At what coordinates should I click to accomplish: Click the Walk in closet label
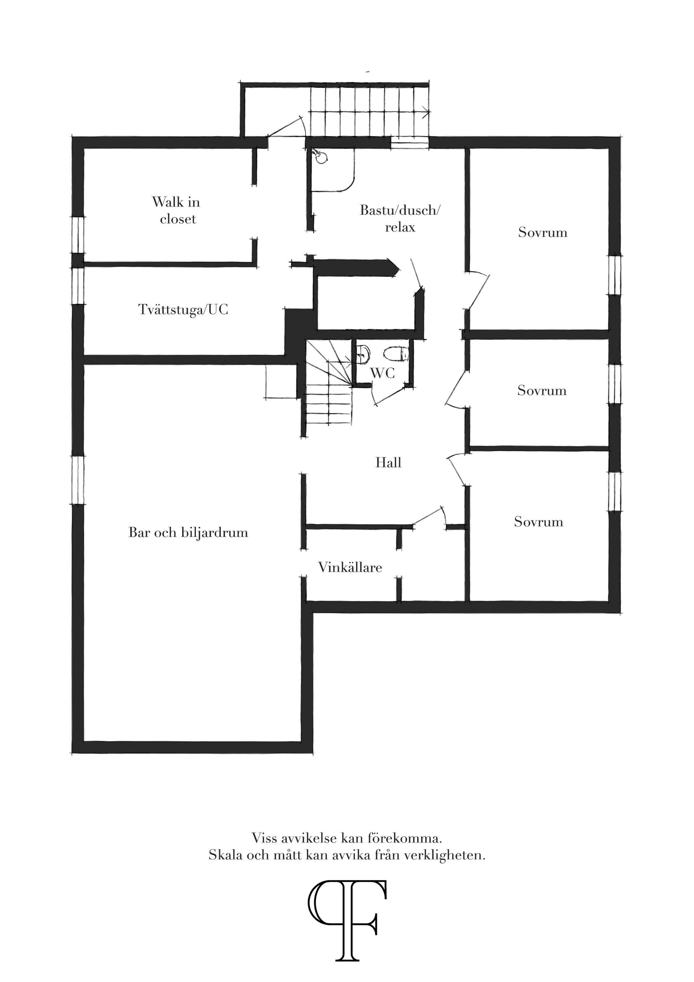176,210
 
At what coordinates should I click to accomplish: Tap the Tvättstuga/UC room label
184,309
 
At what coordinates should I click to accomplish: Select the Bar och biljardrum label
188,533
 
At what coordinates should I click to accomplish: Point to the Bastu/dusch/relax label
400,218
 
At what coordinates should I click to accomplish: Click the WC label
383,373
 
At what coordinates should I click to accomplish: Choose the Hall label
388,462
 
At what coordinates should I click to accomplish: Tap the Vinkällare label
350,568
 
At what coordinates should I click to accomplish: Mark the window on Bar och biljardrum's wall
78,479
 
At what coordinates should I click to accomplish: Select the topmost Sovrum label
543,232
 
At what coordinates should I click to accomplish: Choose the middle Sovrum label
542,390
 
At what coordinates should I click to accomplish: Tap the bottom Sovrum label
538,522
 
